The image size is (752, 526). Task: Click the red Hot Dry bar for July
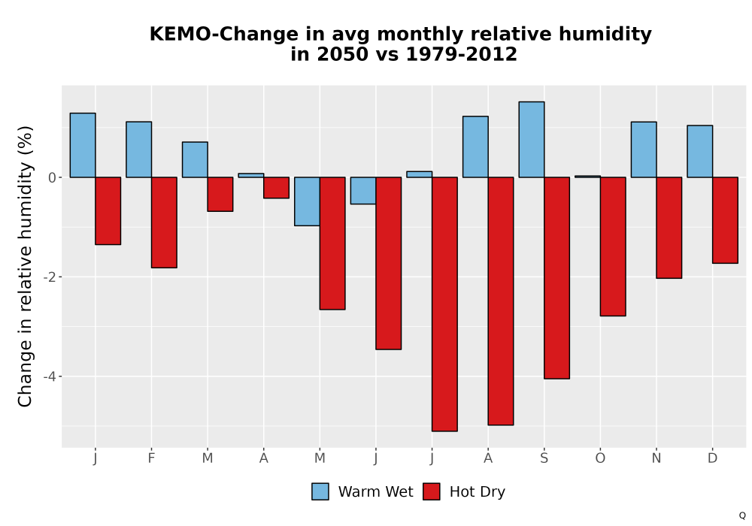(444, 304)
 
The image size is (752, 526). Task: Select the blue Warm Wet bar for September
(532, 140)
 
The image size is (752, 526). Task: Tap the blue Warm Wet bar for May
(307, 201)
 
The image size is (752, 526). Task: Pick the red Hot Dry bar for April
(276, 188)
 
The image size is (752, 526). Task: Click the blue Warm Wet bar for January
(83, 145)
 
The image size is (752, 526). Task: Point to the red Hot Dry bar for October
(613, 246)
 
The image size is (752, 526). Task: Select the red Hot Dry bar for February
(164, 222)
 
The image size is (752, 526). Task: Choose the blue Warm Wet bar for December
(699, 151)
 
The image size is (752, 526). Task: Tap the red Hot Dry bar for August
(501, 301)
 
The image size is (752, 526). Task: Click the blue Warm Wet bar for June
(363, 191)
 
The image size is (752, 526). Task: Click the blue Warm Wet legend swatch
(320, 491)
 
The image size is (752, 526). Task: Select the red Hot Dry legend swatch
(431, 491)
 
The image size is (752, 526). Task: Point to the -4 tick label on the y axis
(50, 376)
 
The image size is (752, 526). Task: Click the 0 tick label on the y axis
(53, 178)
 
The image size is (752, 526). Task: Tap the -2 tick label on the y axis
(50, 277)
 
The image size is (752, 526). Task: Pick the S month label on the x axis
(544, 458)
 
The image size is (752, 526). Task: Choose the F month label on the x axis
(151, 458)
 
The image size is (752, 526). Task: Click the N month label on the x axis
(656, 458)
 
